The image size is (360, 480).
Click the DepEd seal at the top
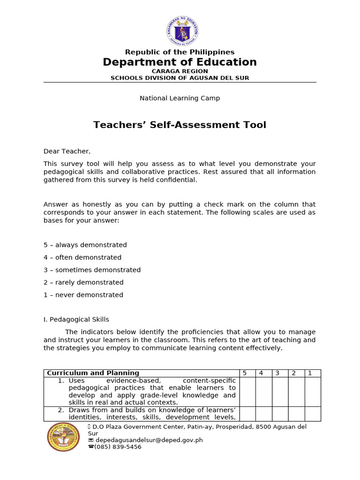(x=182, y=31)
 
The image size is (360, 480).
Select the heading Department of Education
(x=180, y=62)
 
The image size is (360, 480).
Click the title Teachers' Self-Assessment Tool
(x=180, y=125)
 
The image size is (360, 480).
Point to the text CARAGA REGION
(x=180, y=71)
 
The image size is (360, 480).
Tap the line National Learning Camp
(x=180, y=98)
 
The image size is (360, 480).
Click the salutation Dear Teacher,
(x=67, y=151)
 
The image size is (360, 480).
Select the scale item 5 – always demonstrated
(x=85, y=245)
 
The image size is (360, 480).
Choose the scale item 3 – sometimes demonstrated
(x=92, y=270)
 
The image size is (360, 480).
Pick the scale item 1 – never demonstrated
(x=83, y=295)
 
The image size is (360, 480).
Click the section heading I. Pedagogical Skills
(x=76, y=320)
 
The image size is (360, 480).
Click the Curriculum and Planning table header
(x=93, y=373)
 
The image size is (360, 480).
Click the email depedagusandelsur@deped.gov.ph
(x=148, y=441)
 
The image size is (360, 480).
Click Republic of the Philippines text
(x=180, y=52)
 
